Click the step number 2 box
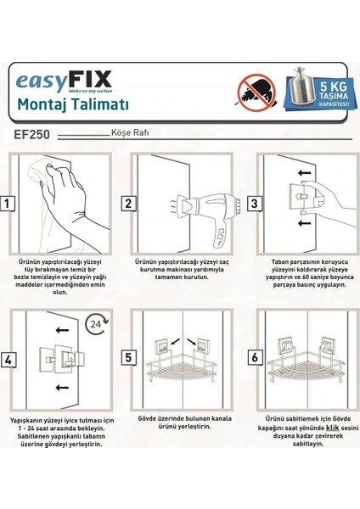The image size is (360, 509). click(128, 204)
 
